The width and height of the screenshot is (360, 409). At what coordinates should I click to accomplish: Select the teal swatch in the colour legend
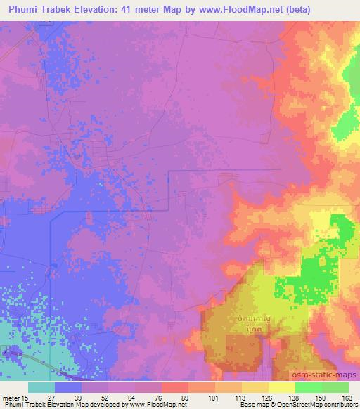tap(41, 387)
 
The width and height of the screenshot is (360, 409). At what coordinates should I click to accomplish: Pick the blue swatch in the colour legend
tap(68, 387)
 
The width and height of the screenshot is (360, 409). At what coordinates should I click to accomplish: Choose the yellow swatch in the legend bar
tap(282, 387)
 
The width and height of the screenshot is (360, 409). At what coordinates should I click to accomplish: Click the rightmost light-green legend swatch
tap(335, 387)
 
